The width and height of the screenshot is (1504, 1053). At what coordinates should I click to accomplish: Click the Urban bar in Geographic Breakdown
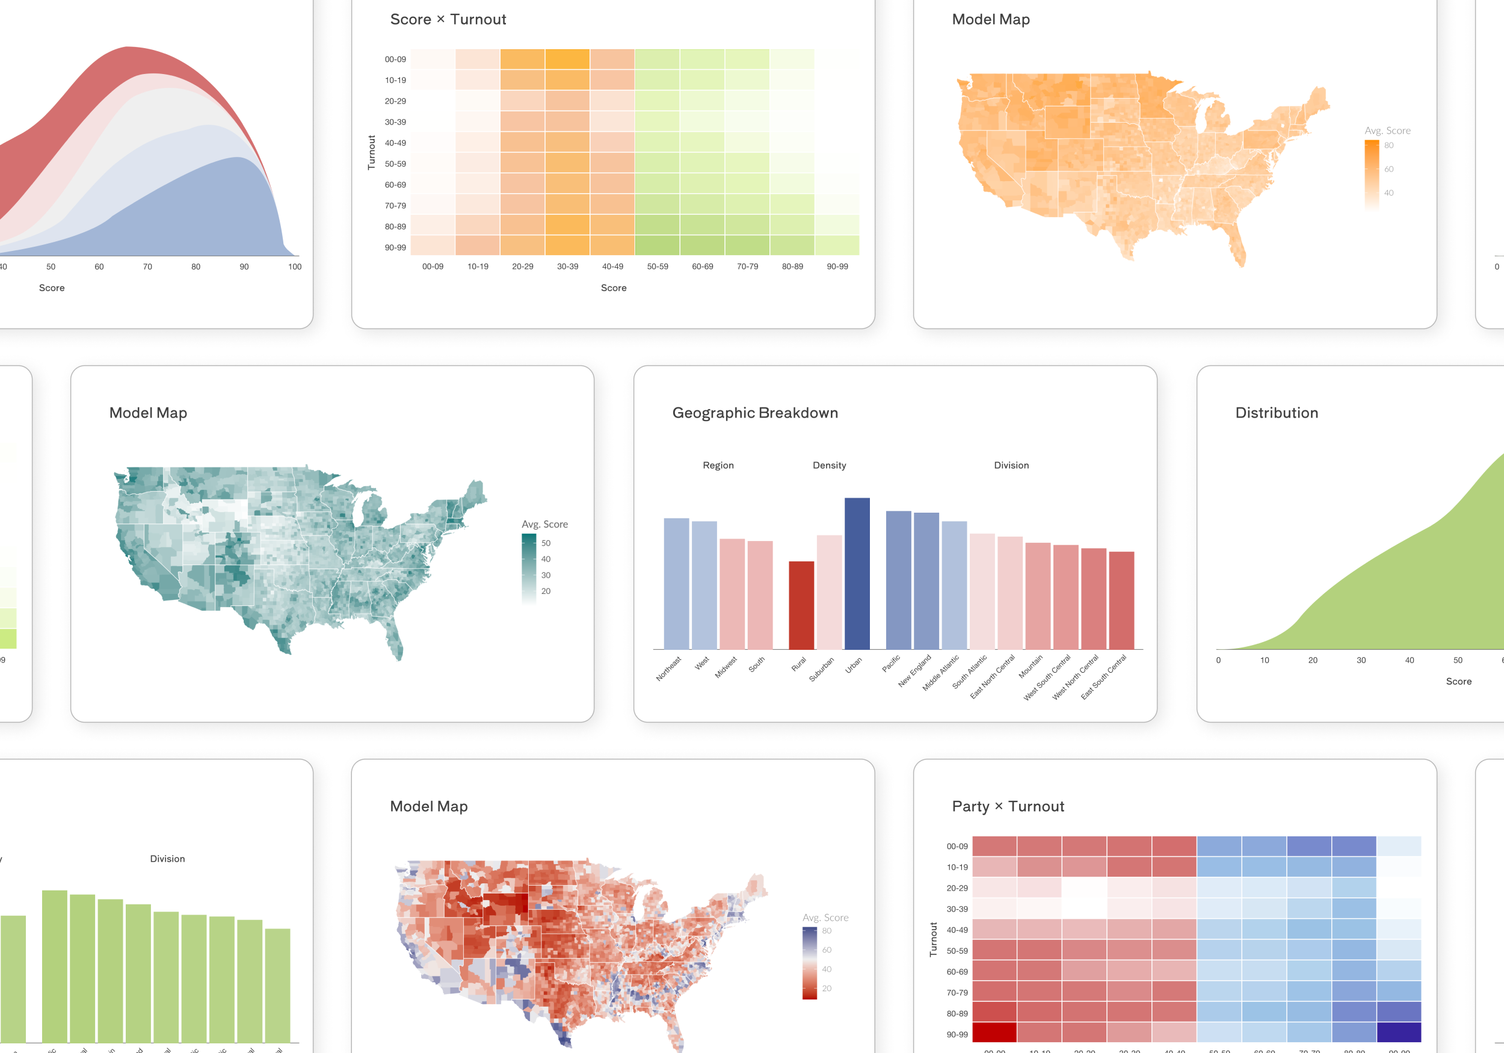pyautogui.click(x=857, y=573)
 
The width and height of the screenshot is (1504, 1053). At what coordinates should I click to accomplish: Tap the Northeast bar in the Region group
pyautogui.click(x=676, y=583)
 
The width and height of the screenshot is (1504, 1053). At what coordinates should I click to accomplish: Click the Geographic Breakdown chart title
pyautogui.click(x=754, y=413)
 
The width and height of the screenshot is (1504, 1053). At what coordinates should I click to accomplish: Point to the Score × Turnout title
pyautogui.click(x=448, y=20)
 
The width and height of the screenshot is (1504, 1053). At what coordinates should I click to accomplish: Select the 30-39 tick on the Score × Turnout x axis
pyautogui.click(x=567, y=267)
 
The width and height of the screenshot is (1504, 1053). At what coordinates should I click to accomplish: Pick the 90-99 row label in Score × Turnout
pyautogui.click(x=395, y=248)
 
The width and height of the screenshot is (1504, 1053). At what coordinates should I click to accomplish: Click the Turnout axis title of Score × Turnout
pyautogui.click(x=371, y=152)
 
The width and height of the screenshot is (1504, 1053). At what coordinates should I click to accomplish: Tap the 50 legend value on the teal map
pyautogui.click(x=546, y=543)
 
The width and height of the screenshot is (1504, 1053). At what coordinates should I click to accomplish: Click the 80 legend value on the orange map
pyautogui.click(x=1388, y=146)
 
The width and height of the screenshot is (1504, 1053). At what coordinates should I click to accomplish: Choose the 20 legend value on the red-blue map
pyautogui.click(x=827, y=988)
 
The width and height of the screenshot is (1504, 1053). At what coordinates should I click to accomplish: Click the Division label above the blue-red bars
pyautogui.click(x=1011, y=465)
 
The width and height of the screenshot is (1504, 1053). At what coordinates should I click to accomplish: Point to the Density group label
pyautogui.click(x=828, y=465)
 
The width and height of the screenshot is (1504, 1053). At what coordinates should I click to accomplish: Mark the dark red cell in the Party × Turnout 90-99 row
pyautogui.click(x=994, y=1032)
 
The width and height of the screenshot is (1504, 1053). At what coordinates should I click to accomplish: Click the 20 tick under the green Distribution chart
pyautogui.click(x=1313, y=661)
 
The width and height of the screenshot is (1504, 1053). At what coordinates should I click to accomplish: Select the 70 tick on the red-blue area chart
pyautogui.click(x=147, y=267)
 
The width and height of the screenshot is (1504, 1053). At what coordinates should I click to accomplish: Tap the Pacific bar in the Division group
pyautogui.click(x=898, y=580)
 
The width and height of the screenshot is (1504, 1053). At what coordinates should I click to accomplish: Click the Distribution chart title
pyautogui.click(x=1276, y=413)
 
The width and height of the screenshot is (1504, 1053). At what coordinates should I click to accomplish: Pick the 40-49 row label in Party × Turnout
pyautogui.click(x=957, y=930)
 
